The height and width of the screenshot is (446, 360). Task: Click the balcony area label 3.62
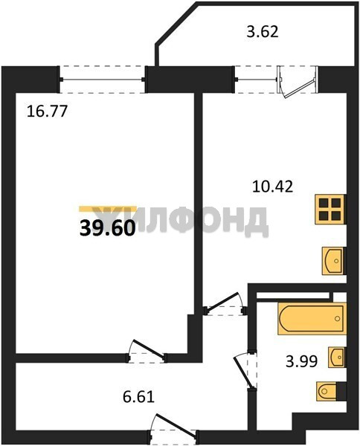(x=262, y=31)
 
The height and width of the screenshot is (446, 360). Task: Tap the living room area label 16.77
(x=47, y=111)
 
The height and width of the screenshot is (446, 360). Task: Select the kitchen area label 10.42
(x=273, y=187)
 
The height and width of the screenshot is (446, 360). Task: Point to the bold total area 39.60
(x=107, y=228)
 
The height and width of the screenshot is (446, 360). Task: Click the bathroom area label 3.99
(x=301, y=362)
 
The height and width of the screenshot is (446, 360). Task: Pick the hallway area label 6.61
(x=138, y=397)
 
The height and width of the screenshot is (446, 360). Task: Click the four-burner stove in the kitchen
(x=330, y=210)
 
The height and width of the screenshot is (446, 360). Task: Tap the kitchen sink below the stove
(x=333, y=261)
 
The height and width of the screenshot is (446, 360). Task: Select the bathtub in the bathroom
(x=312, y=319)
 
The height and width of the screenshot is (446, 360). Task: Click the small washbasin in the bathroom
(x=337, y=358)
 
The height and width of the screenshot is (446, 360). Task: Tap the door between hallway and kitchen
(x=225, y=304)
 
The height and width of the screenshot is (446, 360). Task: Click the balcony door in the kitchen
(x=298, y=82)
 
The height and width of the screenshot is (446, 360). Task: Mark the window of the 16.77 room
(x=103, y=80)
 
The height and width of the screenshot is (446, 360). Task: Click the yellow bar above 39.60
(x=108, y=209)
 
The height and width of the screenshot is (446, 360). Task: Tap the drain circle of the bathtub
(x=338, y=319)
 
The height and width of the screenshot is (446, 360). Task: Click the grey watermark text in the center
(x=182, y=220)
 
